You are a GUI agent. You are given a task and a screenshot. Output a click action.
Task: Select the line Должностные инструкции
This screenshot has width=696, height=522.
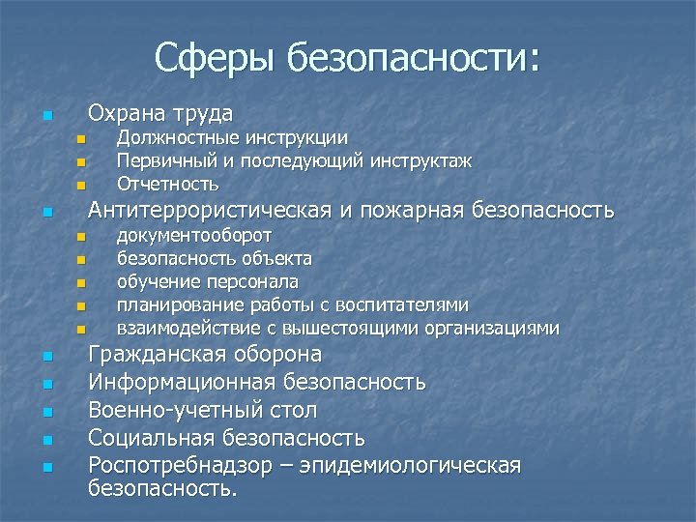click(x=232, y=139)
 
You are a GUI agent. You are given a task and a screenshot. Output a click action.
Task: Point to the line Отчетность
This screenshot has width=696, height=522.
click(x=167, y=184)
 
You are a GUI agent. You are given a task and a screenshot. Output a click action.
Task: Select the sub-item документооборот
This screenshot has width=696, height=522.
click(x=193, y=236)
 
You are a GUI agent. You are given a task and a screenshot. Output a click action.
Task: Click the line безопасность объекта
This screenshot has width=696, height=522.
click(x=214, y=259)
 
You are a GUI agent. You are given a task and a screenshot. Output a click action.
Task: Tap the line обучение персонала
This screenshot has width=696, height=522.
click(x=207, y=282)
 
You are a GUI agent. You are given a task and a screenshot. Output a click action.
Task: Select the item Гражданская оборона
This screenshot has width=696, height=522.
click(x=205, y=355)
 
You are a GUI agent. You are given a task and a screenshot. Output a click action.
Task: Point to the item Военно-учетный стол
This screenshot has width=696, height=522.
click(x=202, y=411)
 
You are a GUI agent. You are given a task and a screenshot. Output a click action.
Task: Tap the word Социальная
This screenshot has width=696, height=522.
click(x=152, y=439)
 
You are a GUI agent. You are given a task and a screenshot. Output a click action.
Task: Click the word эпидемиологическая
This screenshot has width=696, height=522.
click(x=410, y=466)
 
